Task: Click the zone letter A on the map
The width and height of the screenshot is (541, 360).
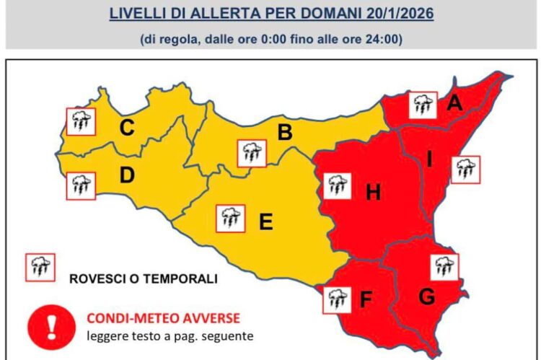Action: coord(454,103)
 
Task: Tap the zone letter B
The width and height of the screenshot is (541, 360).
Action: coord(285,133)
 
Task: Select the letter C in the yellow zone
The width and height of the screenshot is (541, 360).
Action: coord(127,129)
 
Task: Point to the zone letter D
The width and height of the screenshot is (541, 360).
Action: coord(127,175)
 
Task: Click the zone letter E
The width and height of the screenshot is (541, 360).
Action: coord(265,222)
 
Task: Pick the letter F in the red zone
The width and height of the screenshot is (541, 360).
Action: coord(366,297)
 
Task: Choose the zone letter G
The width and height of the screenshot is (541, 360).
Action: coord(426,296)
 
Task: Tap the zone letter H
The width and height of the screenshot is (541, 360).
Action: coord(373,193)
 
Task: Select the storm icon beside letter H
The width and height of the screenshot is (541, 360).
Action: coord(336,185)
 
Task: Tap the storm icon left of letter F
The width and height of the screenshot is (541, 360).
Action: coord(335,298)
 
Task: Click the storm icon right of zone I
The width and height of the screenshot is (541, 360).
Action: coord(465,170)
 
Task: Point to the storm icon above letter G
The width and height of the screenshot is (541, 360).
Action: coord(443,267)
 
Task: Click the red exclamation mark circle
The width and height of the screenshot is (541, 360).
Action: coord(51,326)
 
